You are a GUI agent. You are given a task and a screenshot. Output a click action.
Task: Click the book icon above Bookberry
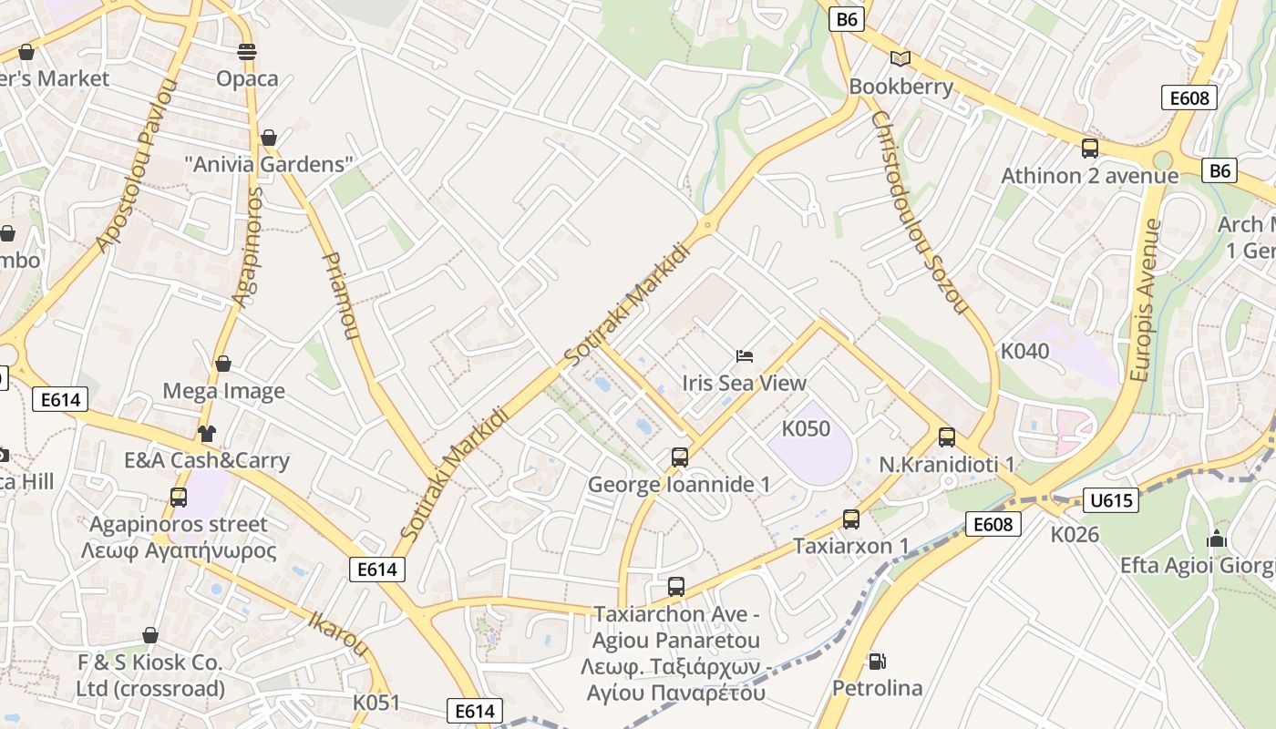coord(900,59)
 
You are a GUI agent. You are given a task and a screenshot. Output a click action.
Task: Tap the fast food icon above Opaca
coord(246,51)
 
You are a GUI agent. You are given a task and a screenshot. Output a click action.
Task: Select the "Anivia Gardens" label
coord(269,165)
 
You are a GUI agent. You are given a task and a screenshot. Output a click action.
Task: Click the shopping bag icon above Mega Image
coord(223,364)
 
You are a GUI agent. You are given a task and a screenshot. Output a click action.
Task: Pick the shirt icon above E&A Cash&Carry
coord(207,433)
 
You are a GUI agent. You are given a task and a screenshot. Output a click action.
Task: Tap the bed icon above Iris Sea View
coord(745,356)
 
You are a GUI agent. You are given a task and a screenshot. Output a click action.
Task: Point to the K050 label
coord(807,428)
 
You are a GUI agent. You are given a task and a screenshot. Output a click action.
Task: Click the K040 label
coord(1025,351)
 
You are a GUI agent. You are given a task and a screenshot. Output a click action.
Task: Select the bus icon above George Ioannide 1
coord(679,457)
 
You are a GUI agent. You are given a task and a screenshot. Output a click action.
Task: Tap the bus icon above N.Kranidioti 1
coord(947,437)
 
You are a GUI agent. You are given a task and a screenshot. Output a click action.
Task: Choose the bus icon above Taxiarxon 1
coord(851,519)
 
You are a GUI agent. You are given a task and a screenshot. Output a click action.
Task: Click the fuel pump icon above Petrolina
coord(877,661)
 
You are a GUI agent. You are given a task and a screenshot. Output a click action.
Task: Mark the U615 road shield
coord(1111,499)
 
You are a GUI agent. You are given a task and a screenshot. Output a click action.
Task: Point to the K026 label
coord(1075,534)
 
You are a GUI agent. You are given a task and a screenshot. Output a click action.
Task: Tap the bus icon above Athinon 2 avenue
coord(1089,149)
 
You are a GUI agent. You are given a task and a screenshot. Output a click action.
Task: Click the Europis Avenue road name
coord(1146,300)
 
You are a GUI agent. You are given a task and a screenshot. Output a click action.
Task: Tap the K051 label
coord(376,703)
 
